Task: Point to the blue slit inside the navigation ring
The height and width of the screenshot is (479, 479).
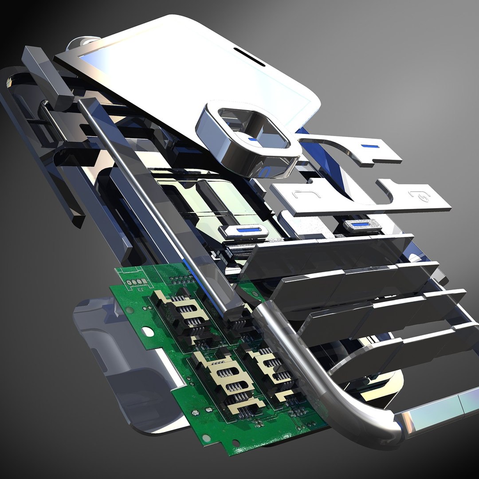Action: [x=252, y=139]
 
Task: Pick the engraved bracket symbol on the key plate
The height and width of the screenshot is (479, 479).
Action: [x=295, y=195]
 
